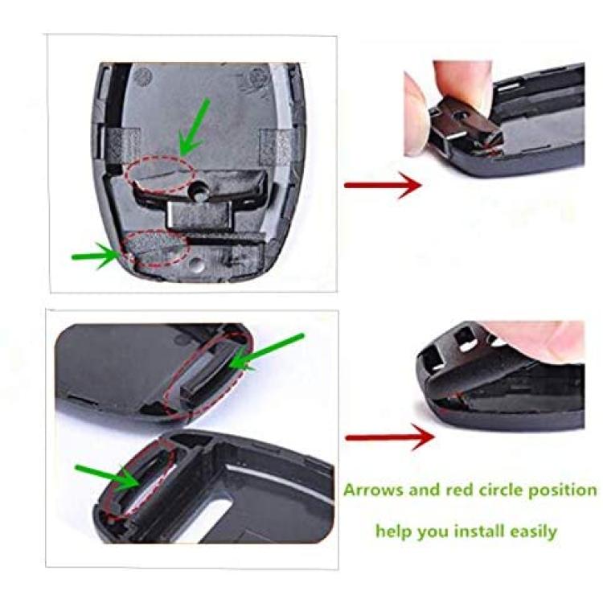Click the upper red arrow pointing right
(383, 185)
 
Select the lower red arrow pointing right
(390, 437)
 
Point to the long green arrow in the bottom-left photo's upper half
(267, 353)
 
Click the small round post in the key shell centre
(200, 190)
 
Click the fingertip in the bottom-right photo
(539, 338)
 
